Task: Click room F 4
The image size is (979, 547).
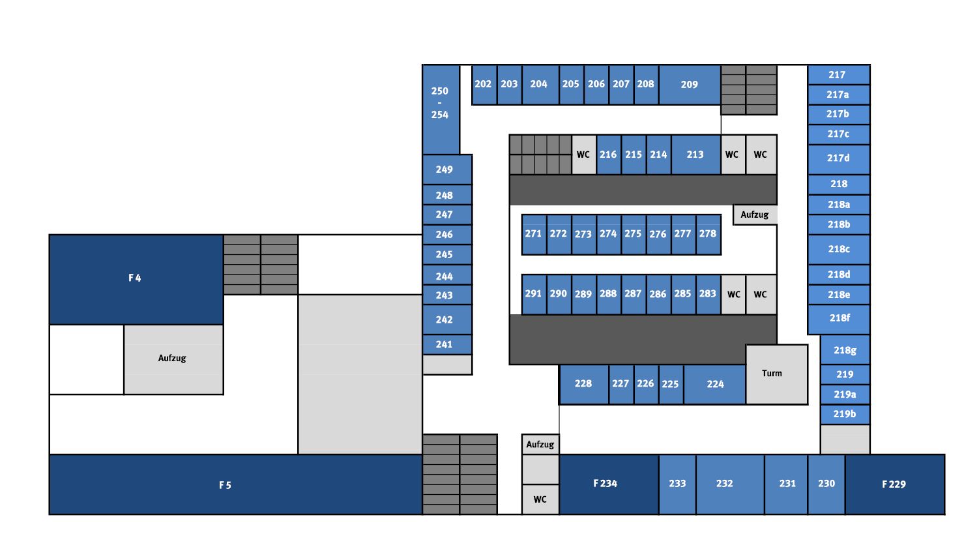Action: (136, 279)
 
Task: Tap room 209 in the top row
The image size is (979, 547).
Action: (689, 84)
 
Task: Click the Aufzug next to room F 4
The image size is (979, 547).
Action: (173, 359)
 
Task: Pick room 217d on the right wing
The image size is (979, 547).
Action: (838, 158)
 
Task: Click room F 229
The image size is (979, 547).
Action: (894, 484)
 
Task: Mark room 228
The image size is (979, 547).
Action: (583, 384)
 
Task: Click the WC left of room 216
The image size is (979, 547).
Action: (583, 155)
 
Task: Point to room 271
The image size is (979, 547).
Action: (534, 234)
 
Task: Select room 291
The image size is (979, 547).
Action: (534, 294)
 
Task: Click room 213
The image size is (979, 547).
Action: (695, 155)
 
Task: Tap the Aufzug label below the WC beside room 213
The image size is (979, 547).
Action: (755, 215)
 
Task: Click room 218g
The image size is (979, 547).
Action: (845, 351)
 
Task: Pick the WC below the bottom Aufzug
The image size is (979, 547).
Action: (540, 499)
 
